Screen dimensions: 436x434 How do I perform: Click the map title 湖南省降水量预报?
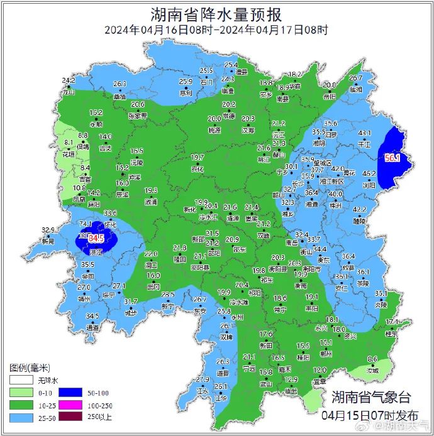coord(216,14)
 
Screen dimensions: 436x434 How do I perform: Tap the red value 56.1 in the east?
coord(392,158)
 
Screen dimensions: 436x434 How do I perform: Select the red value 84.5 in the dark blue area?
coord(96,239)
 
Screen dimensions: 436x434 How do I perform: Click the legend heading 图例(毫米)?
coord(30,368)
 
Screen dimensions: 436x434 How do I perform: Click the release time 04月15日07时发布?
coord(370,415)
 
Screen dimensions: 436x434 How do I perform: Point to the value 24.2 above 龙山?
coord(69,81)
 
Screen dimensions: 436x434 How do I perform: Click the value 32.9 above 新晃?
coord(48,230)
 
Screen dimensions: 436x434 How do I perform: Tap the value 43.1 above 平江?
coord(365,133)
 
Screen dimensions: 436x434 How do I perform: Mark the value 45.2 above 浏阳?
coord(369,173)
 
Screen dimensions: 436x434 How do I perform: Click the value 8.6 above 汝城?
coord(372,359)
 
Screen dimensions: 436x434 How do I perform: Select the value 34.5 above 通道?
coord(92,316)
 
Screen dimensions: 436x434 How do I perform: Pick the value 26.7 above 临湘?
coord(356,79)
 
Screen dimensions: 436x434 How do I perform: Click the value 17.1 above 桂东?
coord(391,322)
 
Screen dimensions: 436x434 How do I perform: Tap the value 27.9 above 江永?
coord(202,379)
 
